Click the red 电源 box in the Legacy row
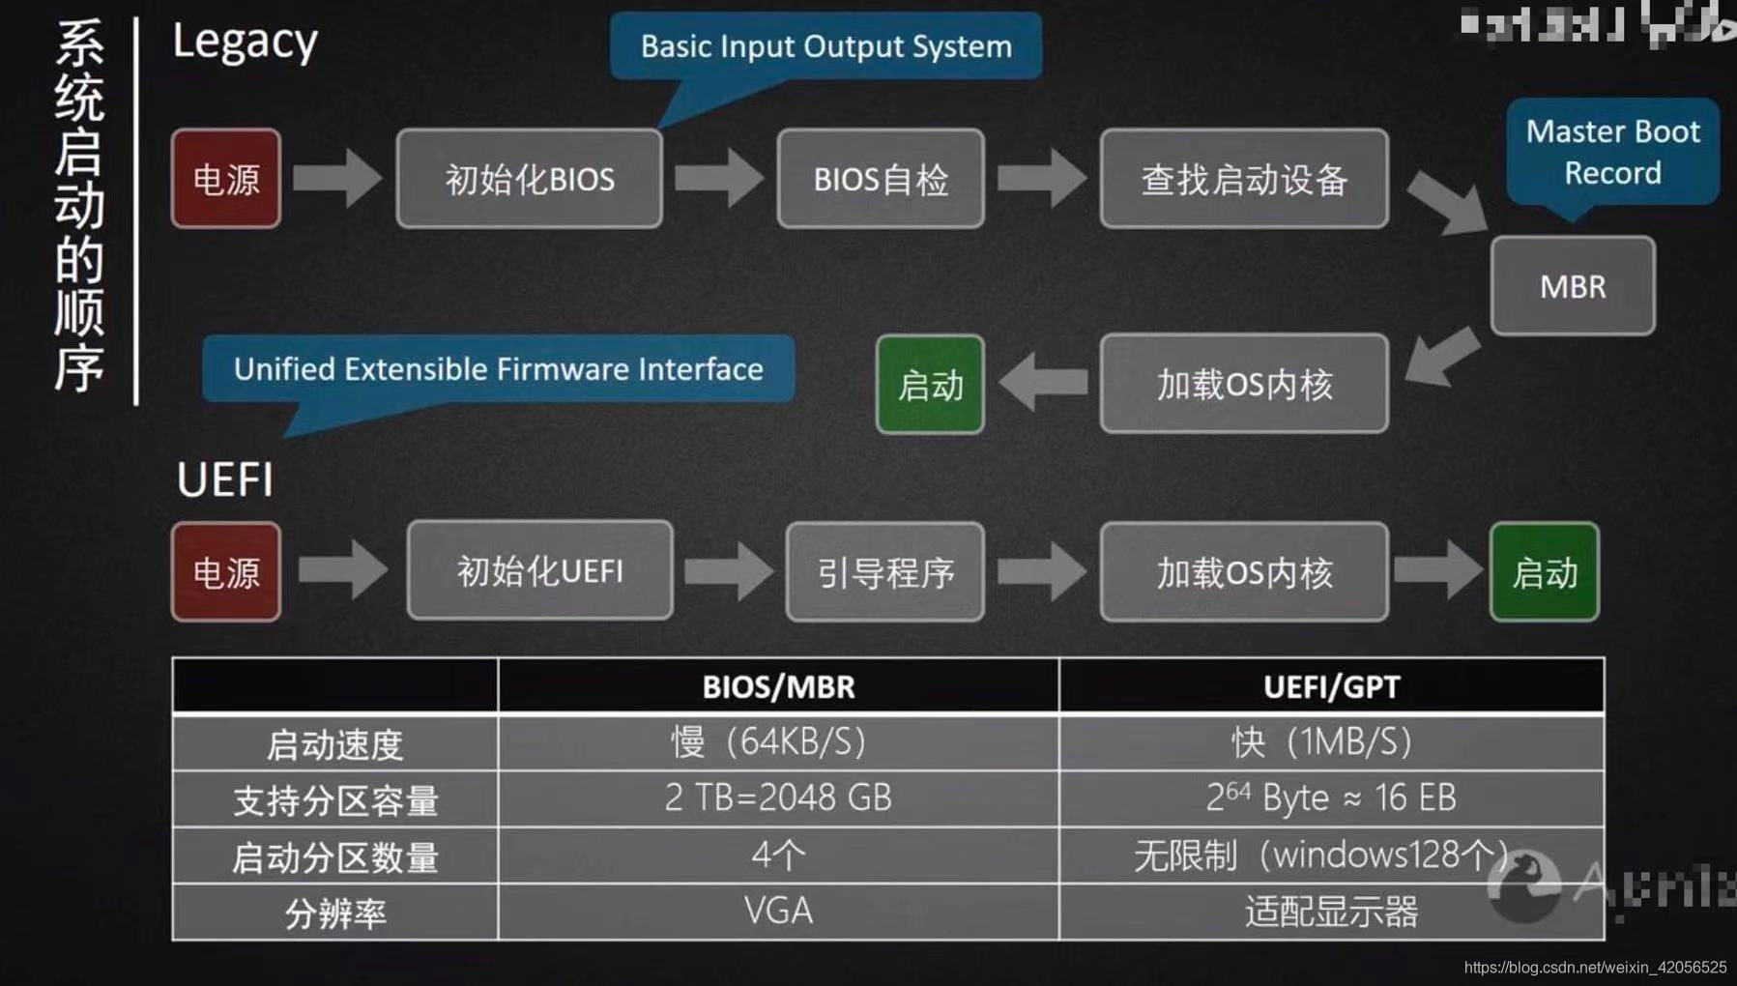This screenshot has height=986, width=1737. [x=226, y=179]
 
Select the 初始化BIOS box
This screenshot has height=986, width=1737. [x=529, y=179]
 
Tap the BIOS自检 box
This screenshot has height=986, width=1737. [x=881, y=179]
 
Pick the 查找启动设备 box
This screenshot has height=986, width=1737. [x=1244, y=179]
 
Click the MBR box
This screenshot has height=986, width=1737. [x=1573, y=286]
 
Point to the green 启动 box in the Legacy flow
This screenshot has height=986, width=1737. [x=930, y=385]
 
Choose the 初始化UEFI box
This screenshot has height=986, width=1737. [x=539, y=571]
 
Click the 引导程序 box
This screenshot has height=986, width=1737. [x=885, y=572]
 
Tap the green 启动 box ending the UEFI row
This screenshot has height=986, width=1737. [x=1545, y=572]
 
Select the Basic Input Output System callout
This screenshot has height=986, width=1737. [x=825, y=46]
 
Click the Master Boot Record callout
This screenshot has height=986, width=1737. [x=1612, y=152]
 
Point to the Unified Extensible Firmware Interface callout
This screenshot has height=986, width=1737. [x=498, y=369]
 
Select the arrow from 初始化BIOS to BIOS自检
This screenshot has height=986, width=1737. [x=719, y=178]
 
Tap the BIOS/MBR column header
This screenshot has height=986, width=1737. [x=778, y=686]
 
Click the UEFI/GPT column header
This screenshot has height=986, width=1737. [x=1331, y=686]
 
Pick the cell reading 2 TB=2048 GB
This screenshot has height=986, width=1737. [x=778, y=797]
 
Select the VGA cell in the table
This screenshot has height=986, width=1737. [x=778, y=911]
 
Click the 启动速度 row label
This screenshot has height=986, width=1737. [x=334, y=743]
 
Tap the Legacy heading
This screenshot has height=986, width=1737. [x=245, y=43]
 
